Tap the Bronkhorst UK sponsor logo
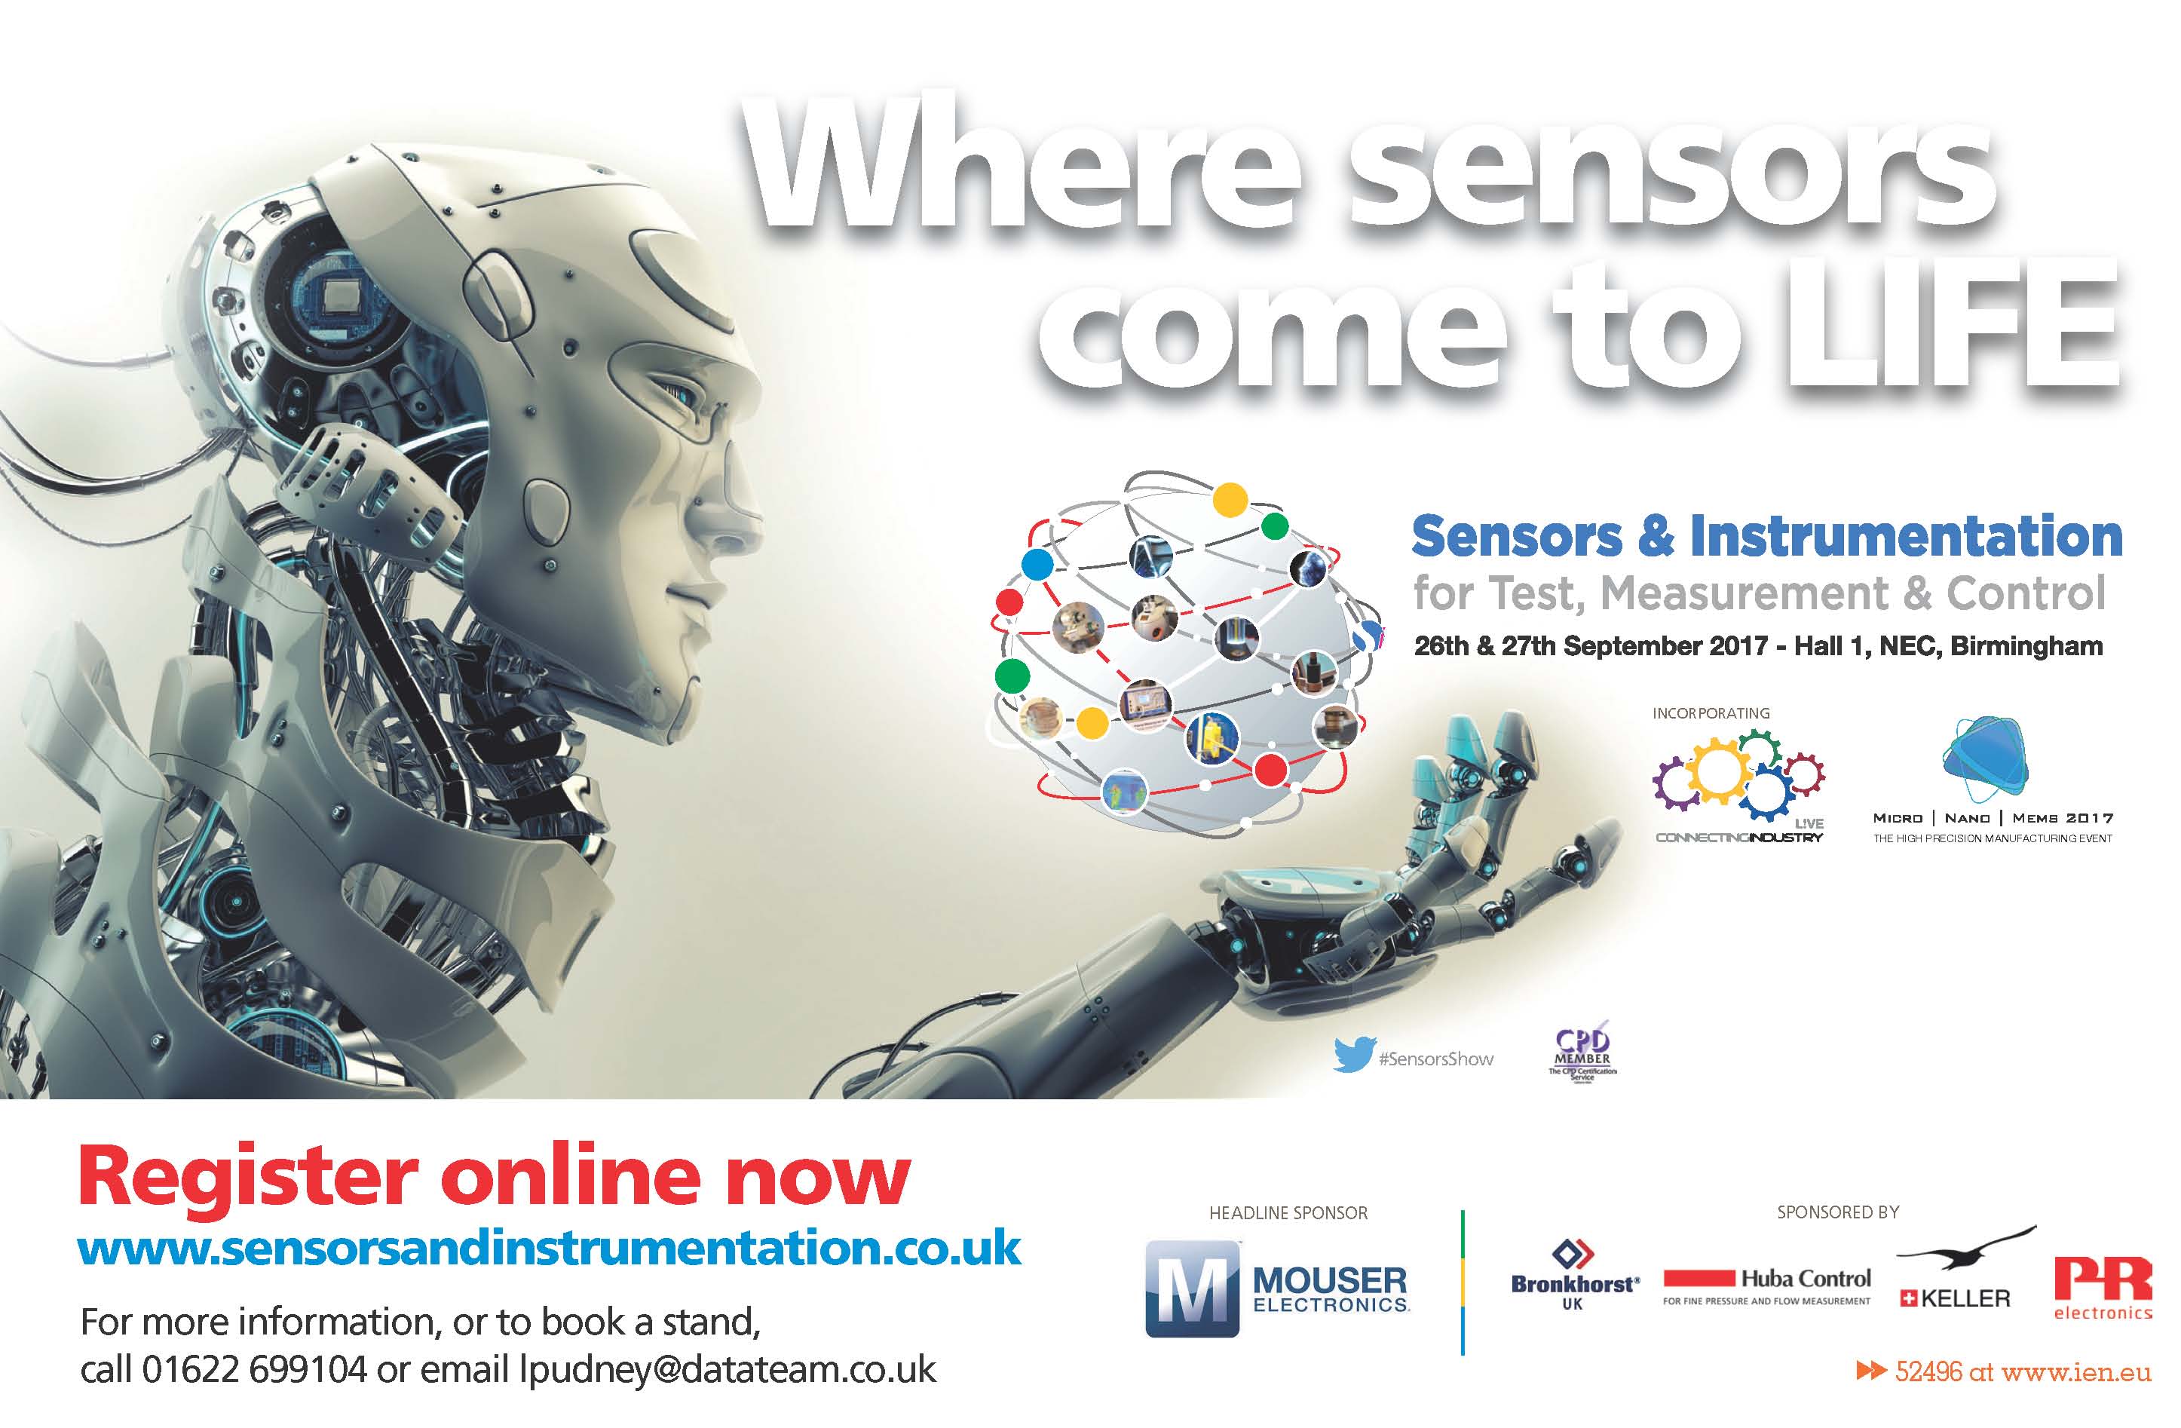tap(1574, 1273)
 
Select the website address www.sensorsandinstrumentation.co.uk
tap(549, 1249)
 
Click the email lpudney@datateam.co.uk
tap(728, 1369)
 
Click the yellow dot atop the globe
tap(1230, 500)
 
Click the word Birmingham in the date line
tap(2026, 646)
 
